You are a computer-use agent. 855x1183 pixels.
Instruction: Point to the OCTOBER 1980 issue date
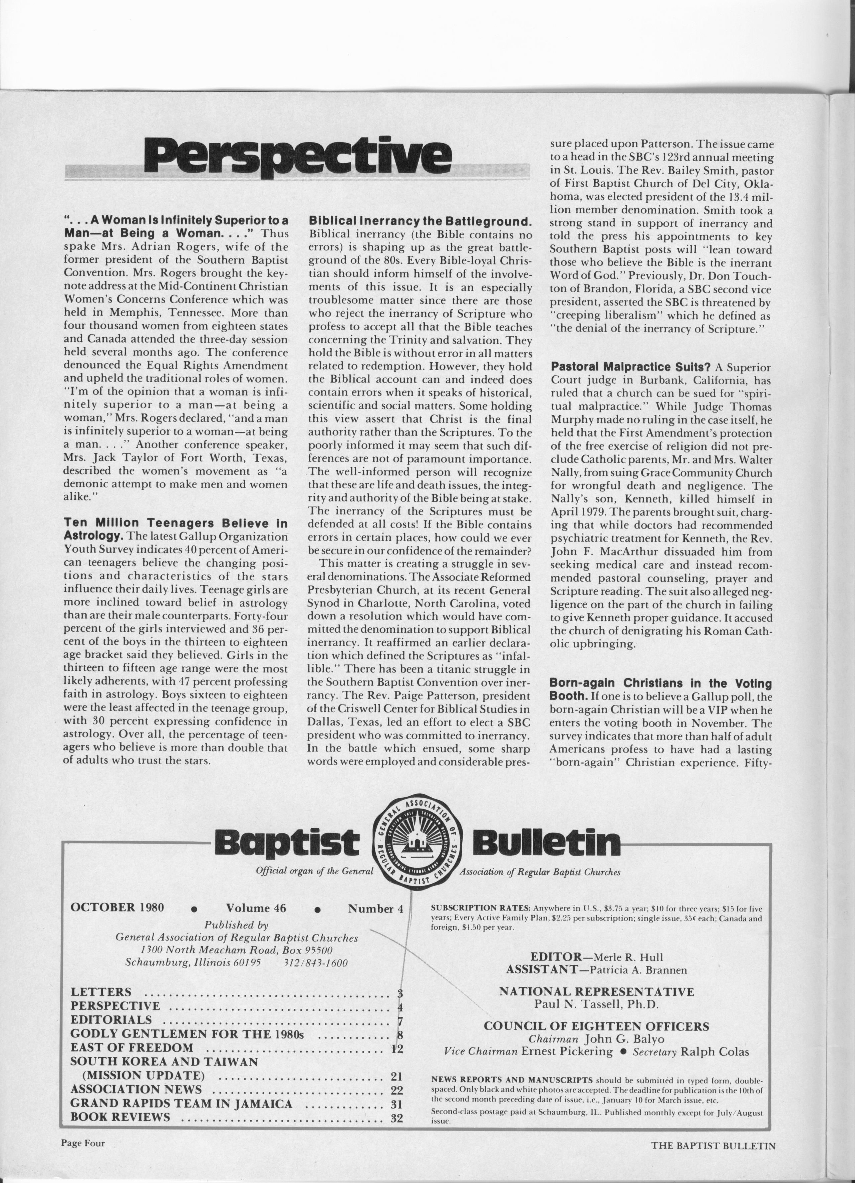pyautogui.click(x=117, y=907)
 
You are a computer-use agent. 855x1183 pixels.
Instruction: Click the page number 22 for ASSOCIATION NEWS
pyautogui.click(x=397, y=1089)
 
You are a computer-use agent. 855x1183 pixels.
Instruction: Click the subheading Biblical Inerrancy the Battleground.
pyautogui.click(x=420, y=221)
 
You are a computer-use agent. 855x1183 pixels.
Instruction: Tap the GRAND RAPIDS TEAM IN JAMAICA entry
pyautogui.click(x=181, y=1103)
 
